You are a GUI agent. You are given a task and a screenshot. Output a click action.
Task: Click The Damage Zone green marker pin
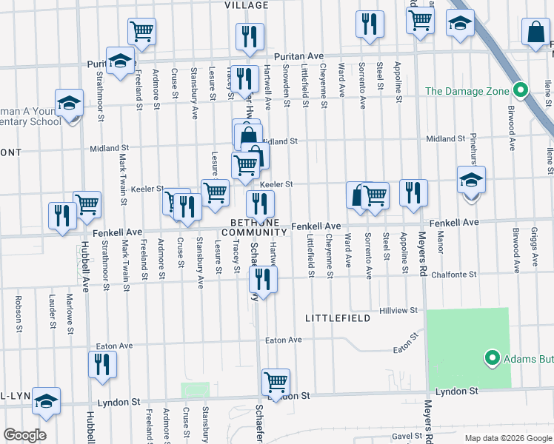pos(520,91)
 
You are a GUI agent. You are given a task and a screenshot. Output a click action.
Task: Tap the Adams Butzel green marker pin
pos(490,360)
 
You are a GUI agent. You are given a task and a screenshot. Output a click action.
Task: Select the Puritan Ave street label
pos(299,56)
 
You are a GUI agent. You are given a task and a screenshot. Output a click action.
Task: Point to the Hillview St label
pos(398,311)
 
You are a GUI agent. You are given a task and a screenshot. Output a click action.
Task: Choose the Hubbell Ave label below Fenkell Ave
pos(84,266)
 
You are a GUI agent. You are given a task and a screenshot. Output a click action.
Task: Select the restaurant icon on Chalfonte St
pos(263,279)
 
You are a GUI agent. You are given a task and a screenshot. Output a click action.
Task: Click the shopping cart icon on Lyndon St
pos(276,382)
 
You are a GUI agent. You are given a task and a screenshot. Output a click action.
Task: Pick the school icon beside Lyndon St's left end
pos(46,400)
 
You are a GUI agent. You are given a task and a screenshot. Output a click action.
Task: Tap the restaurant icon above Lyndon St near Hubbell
pos(102,364)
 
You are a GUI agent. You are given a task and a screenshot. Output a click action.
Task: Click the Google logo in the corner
pos(24,435)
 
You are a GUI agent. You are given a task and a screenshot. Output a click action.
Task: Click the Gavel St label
pos(407,437)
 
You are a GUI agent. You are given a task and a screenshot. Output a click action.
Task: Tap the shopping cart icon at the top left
pos(141,31)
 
